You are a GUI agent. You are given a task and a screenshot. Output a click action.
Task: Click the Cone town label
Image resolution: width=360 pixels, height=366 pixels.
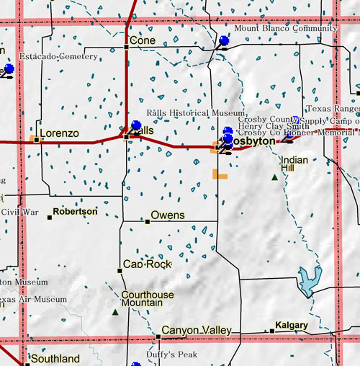(x=143, y=41)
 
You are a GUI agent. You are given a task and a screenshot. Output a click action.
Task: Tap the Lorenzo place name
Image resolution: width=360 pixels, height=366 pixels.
(x=59, y=133)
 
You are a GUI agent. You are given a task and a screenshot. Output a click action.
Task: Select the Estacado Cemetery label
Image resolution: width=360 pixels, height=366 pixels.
(x=48, y=56)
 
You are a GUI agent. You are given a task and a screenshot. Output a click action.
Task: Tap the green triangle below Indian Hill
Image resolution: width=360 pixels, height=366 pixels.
(x=274, y=177)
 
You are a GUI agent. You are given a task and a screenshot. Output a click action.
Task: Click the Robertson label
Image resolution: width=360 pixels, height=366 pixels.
(x=75, y=212)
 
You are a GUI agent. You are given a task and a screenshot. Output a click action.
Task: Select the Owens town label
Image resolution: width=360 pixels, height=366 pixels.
(x=167, y=215)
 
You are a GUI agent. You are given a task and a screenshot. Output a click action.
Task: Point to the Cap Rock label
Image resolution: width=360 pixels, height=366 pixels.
(x=148, y=264)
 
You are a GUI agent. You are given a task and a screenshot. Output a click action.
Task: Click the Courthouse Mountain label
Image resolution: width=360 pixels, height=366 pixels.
(x=148, y=298)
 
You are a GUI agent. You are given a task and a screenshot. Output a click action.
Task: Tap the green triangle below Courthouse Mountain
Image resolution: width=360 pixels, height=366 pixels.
(x=115, y=313)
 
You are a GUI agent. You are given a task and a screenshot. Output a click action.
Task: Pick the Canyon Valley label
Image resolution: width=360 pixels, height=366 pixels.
(x=196, y=331)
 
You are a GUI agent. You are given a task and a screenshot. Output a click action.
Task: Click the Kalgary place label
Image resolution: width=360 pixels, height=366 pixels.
(x=291, y=326)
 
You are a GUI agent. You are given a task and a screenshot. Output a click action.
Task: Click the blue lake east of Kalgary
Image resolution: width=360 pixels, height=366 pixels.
(x=309, y=282)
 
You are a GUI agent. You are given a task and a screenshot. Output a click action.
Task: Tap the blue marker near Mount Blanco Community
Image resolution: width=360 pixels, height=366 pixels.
(x=224, y=41)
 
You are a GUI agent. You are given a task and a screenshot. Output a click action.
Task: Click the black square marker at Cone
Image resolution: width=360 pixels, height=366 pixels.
(x=127, y=46)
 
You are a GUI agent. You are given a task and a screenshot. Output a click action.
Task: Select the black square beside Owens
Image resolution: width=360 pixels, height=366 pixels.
(x=147, y=220)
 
